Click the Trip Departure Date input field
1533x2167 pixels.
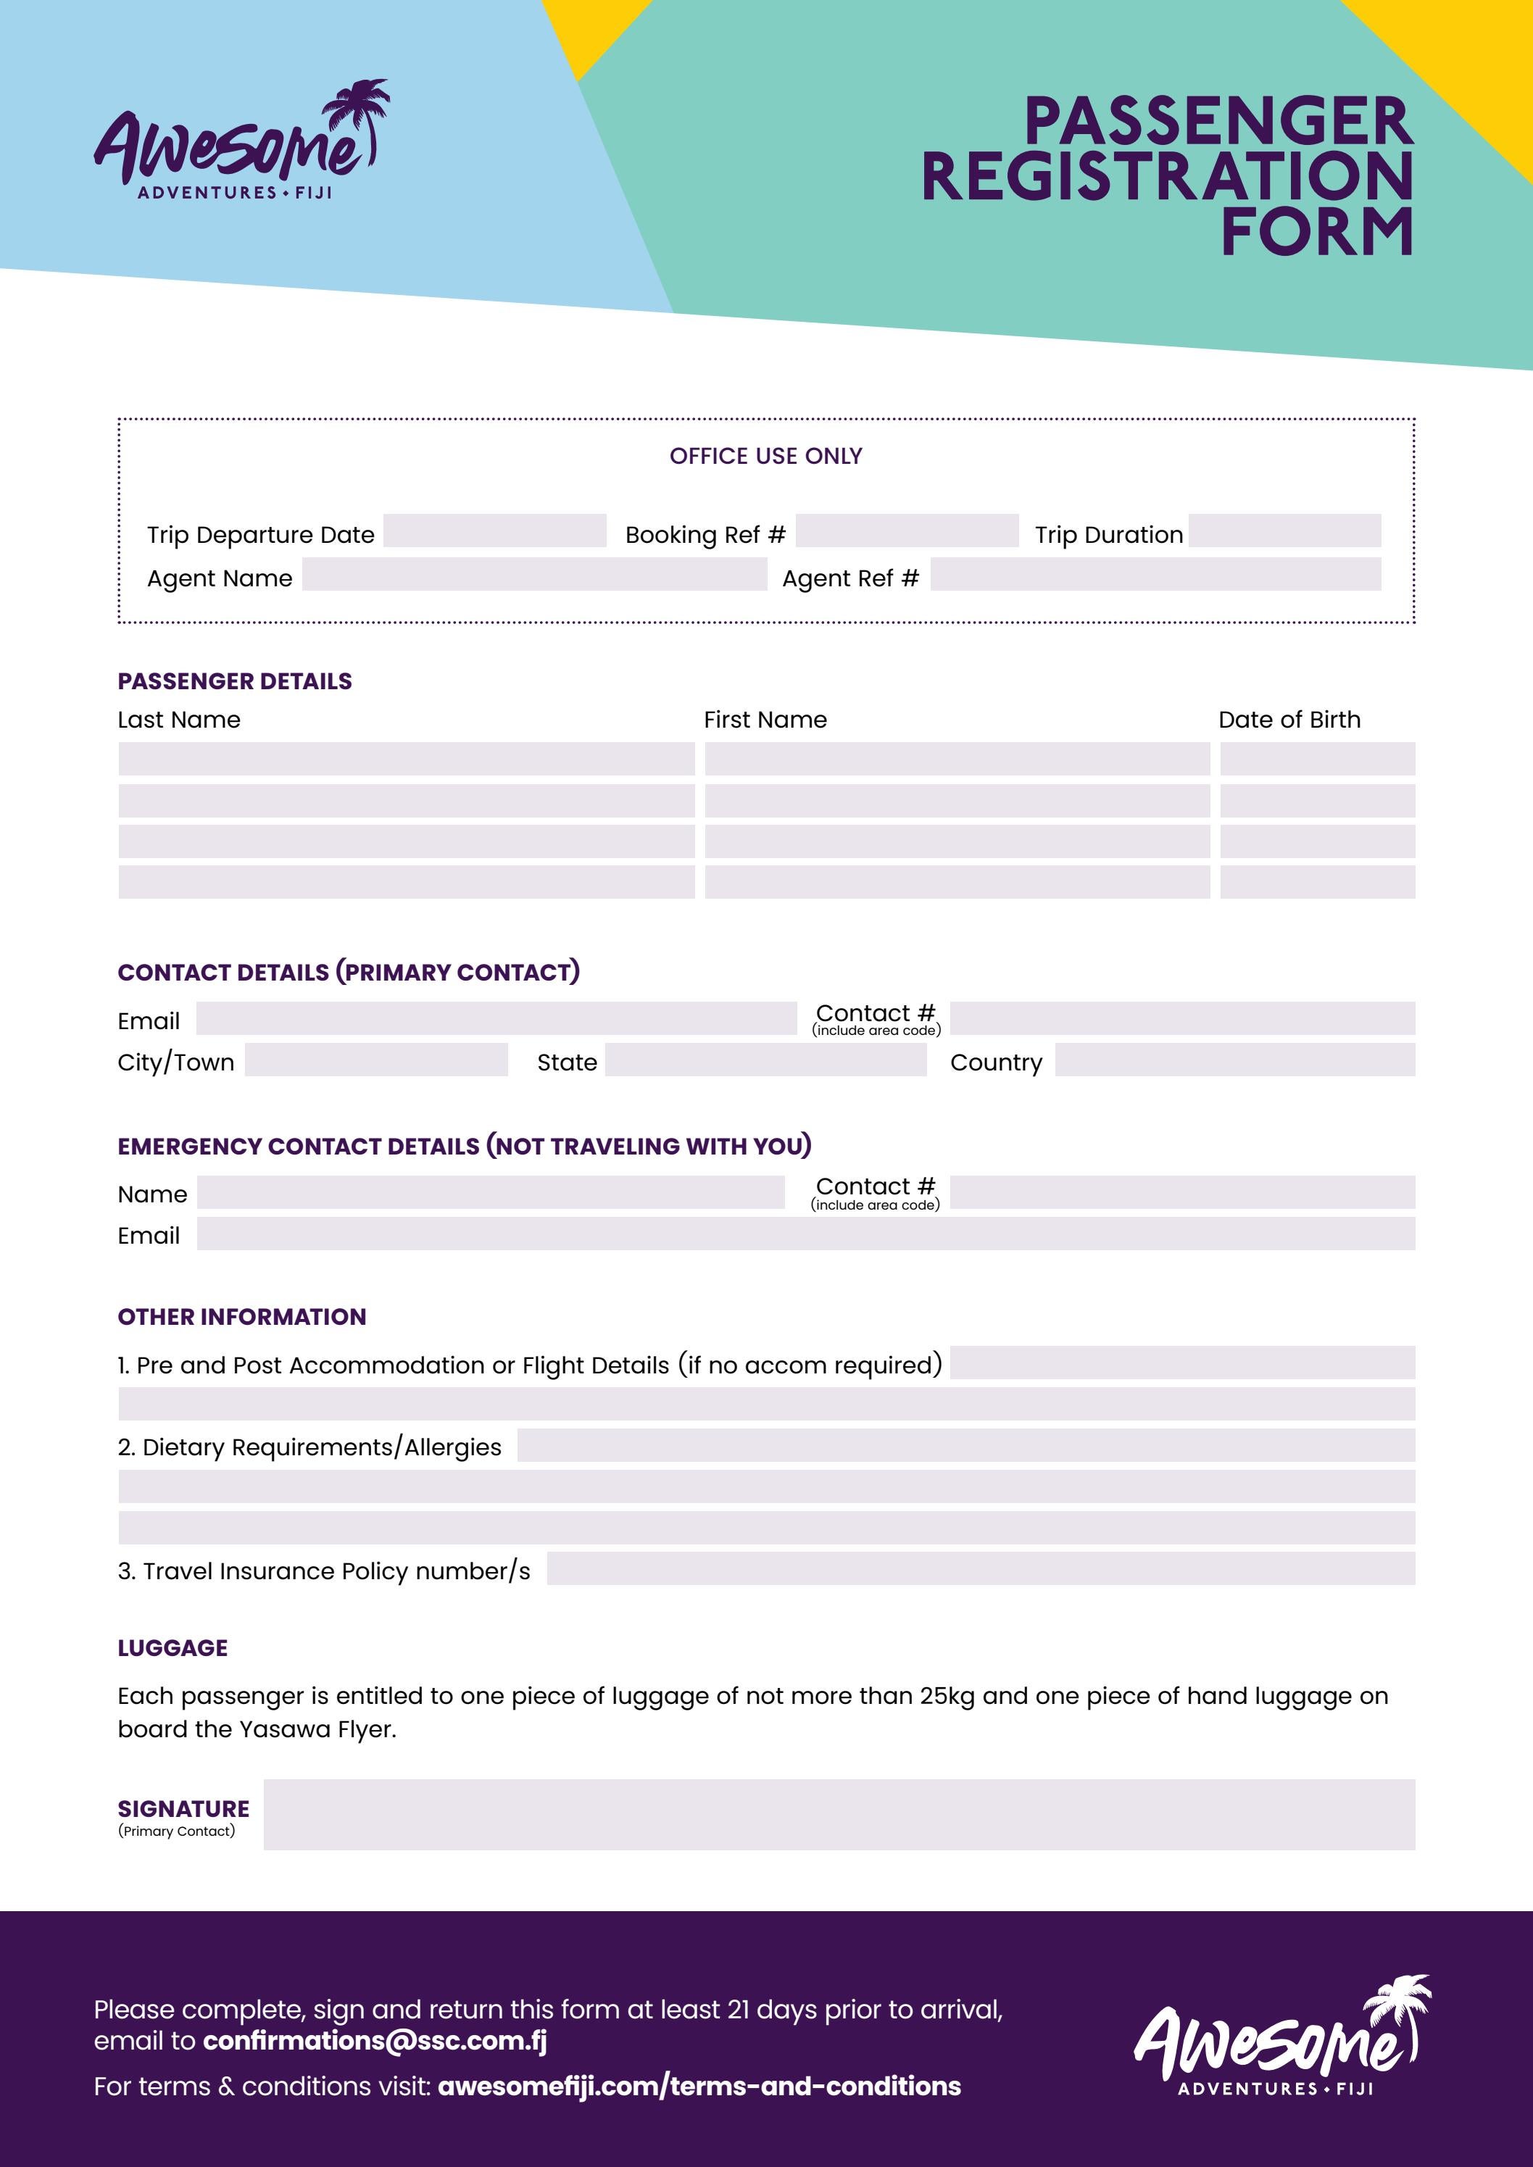[x=494, y=531]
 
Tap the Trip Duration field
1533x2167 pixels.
[x=1284, y=531]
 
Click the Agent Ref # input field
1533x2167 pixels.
[x=1155, y=574]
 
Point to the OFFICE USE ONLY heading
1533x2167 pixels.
[x=765, y=456]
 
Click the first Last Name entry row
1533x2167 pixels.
[x=406, y=759]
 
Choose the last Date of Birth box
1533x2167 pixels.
[x=1317, y=881]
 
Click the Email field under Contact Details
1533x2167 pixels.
[x=496, y=1018]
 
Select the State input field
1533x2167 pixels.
[x=765, y=1060]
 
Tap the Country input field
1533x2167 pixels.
[x=1234, y=1060]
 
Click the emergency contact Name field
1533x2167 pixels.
[x=490, y=1192]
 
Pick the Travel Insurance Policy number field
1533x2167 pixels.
[x=980, y=1568]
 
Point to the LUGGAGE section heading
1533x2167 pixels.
[x=173, y=1648]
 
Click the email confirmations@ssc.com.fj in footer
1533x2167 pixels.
[x=375, y=2040]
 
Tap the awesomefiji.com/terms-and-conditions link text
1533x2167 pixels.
[x=699, y=2086]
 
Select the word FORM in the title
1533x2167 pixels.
[x=1317, y=232]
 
